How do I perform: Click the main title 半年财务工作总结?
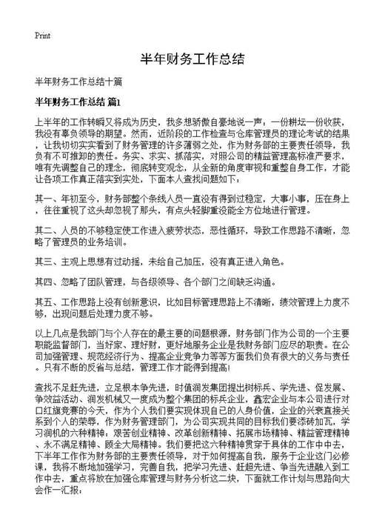coord(192,59)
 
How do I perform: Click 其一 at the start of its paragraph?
coord(43,199)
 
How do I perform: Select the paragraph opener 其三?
coord(43,261)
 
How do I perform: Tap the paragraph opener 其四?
coord(43,282)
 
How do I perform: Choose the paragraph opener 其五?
coord(43,302)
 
